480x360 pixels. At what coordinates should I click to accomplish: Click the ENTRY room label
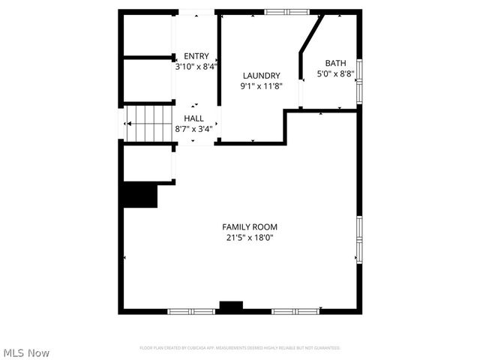pos(196,56)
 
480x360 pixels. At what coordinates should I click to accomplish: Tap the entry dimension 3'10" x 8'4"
pos(196,66)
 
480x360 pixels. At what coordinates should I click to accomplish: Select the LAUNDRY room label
pos(261,76)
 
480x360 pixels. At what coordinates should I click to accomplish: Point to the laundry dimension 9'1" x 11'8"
pos(261,86)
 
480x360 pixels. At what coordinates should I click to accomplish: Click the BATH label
pos(335,63)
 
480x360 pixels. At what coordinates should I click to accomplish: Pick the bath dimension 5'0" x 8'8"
pos(335,73)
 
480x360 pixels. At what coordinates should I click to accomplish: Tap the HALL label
pos(193,118)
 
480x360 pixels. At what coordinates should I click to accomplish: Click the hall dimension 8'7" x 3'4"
pos(193,128)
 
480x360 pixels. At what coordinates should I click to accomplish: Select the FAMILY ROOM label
pos(250,226)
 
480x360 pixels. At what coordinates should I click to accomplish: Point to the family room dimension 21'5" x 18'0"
pos(250,238)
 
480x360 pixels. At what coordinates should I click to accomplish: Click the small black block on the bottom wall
pos(231,307)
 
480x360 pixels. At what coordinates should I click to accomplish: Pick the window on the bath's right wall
pos(358,80)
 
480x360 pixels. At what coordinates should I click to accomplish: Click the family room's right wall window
pos(358,239)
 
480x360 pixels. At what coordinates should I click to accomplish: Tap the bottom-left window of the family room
pos(191,310)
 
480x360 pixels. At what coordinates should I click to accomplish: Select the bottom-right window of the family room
pos(295,310)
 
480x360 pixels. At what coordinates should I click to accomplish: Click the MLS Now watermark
pos(26,352)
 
